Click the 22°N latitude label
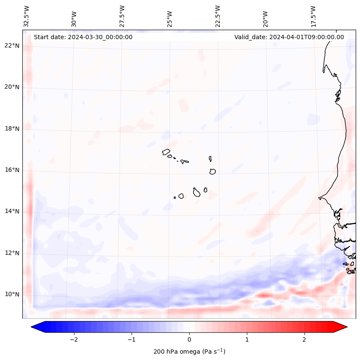coord(12,46)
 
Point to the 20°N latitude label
coord(12,87)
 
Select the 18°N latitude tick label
coord(12,129)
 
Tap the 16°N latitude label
coord(12,170)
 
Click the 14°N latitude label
coord(12,211)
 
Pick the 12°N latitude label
coord(12,253)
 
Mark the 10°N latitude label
coord(12,294)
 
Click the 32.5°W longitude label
coord(27,16)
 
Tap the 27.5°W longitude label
coord(122,16)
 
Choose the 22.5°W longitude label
coord(218,16)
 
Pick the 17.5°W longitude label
coord(313,16)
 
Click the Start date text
coord(83,37)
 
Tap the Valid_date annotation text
coord(289,37)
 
